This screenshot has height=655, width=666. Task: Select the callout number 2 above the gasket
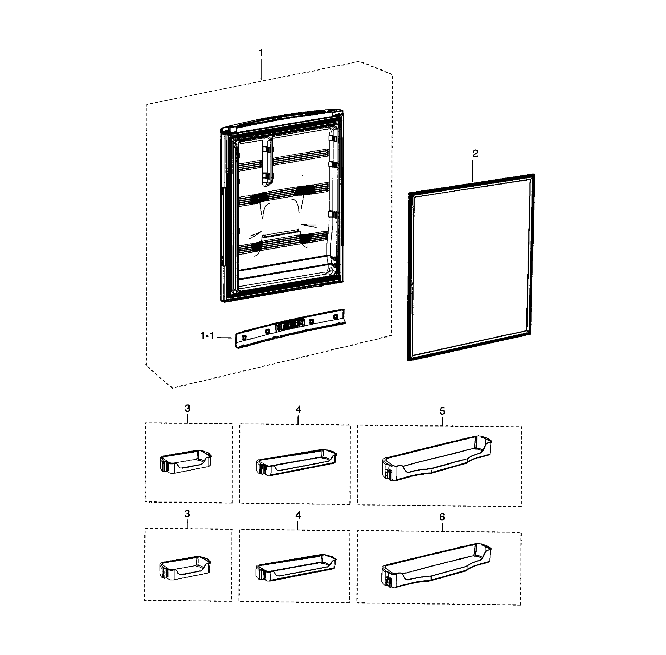(x=475, y=153)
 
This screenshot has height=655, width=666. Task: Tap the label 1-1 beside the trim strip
(x=207, y=336)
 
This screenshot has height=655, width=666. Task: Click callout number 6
(x=442, y=517)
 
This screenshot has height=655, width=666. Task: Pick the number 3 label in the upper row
(x=187, y=408)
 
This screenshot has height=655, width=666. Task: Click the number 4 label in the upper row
(x=298, y=409)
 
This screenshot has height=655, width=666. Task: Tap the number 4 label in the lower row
(x=298, y=515)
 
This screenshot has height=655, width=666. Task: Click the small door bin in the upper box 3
(x=186, y=462)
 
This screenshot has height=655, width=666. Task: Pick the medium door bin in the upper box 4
(x=296, y=462)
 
